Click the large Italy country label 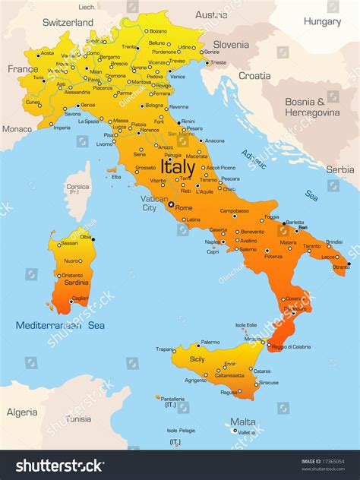(178, 166)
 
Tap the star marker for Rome (171, 204)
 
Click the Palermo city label (210, 343)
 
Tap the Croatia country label (254, 75)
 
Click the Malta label (243, 422)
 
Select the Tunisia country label (78, 418)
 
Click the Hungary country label (322, 21)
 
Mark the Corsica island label (77, 186)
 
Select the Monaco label (17, 128)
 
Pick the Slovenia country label (230, 44)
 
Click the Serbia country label (339, 169)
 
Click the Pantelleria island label (174, 399)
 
